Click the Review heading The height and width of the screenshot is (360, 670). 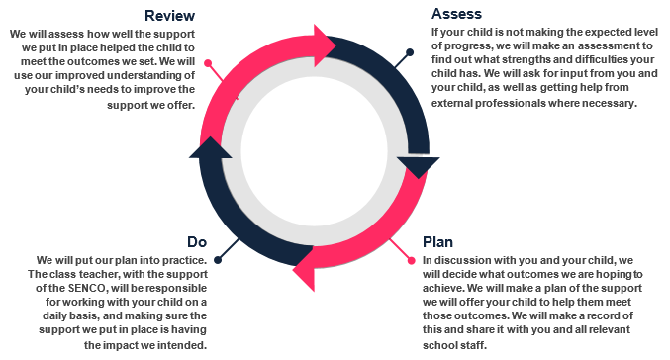pos(169,16)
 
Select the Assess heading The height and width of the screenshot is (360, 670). pos(456,14)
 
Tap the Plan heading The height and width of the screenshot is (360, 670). pos(437,242)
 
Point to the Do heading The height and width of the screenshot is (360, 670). pos(197,242)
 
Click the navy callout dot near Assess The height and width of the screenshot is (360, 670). pos(410,52)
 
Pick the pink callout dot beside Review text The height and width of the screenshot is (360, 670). pos(208,63)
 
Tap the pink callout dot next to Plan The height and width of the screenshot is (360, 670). pos(412,260)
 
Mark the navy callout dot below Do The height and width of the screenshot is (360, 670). pos(218,260)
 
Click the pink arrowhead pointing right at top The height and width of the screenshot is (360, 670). pos(325,45)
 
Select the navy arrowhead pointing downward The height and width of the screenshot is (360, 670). pos(419,166)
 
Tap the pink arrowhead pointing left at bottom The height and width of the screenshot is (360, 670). pos(304,270)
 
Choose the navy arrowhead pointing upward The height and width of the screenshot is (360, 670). pos(210,147)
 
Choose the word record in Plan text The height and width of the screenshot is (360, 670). pos(604,315)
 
